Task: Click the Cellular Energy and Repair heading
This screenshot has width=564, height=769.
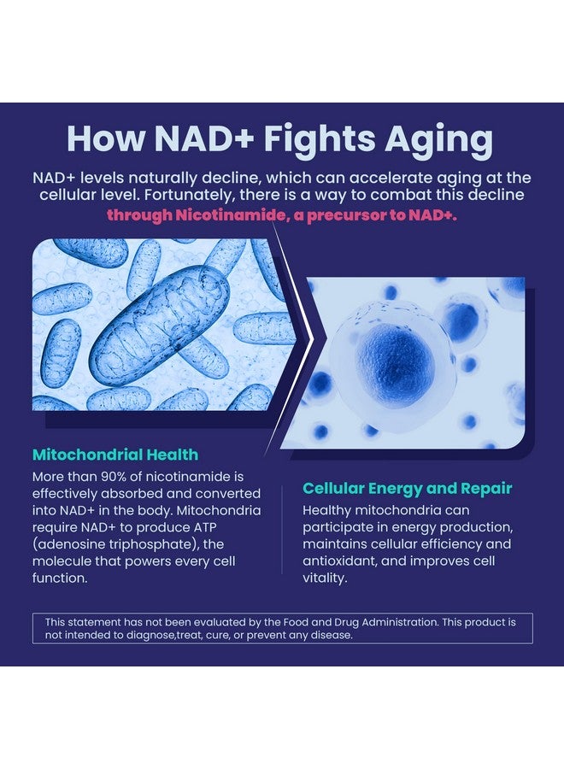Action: tap(408, 489)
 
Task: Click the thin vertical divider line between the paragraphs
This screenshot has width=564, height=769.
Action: tap(282, 530)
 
